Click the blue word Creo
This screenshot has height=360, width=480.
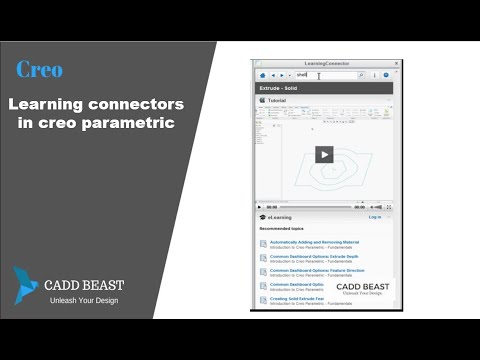(39, 69)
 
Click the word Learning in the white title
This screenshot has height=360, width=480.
(49, 103)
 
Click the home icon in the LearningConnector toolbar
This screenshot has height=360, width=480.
(262, 75)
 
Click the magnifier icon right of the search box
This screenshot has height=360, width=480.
(361, 75)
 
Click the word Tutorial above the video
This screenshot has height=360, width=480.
(277, 101)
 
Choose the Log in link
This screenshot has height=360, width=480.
(375, 217)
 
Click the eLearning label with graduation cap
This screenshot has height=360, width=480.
(278, 217)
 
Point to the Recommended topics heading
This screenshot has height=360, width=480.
(285, 229)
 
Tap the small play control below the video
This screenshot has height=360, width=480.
(259, 207)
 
